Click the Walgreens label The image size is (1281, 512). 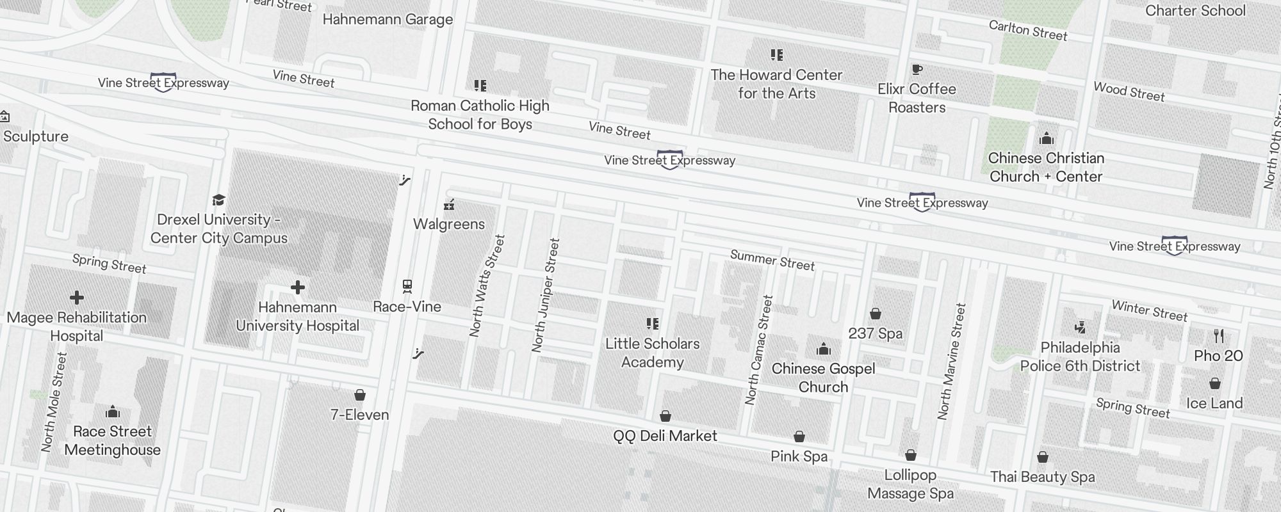coord(448,224)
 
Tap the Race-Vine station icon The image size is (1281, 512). coord(407,286)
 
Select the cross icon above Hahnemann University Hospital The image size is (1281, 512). coord(297,287)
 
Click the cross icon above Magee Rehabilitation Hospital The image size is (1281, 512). coord(77,298)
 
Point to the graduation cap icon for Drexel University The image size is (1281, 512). coord(218,200)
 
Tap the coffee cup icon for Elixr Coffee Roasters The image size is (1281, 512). coord(917,69)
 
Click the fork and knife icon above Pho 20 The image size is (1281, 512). coord(1218,335)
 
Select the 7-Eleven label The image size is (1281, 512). coord(359,415)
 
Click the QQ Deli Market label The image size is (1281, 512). coord(665,436)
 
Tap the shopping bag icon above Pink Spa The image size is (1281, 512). coord(799,436)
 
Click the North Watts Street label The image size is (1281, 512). coord(487,286)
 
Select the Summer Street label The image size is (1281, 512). coord(772,260)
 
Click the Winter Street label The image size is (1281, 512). coord(1149,310)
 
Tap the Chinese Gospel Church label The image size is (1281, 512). coord(823,378)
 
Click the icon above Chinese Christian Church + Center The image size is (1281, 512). coord(1046,138)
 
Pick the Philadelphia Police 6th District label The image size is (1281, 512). coord(1080,356)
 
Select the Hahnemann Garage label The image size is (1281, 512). coord(388,19)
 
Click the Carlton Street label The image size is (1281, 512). coord(1028,30)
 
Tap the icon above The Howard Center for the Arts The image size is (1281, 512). coord(776,55)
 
